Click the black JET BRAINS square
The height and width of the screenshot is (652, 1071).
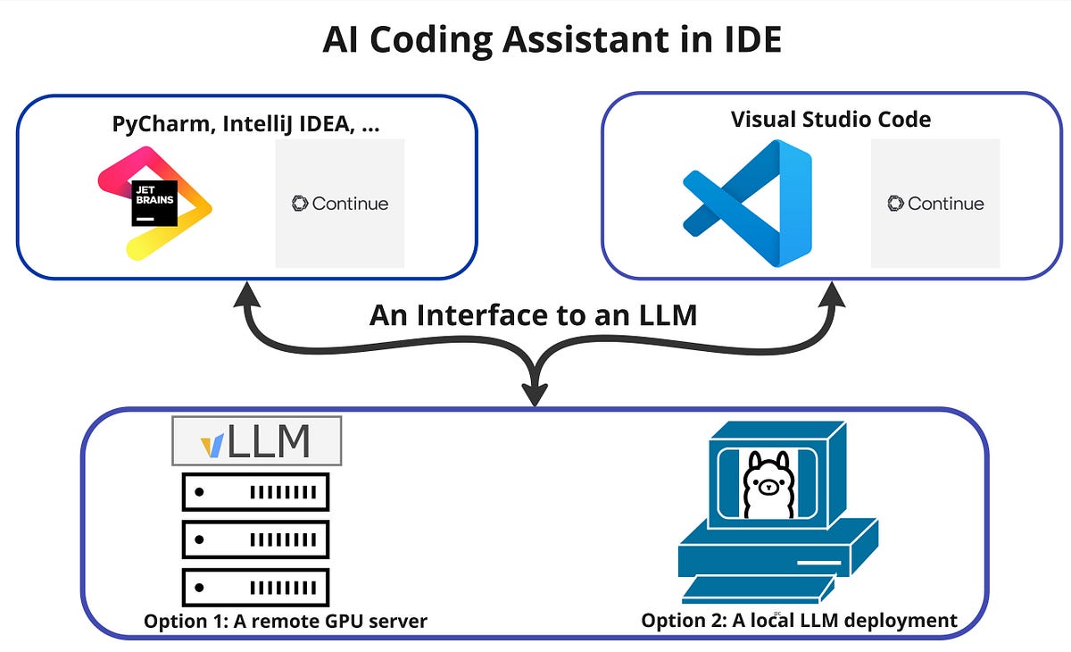click(154, 204)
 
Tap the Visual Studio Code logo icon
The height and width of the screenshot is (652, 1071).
click(747, 204)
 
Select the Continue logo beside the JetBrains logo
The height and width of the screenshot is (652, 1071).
click(340, 204)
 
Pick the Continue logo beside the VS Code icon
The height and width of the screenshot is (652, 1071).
click(935, 204)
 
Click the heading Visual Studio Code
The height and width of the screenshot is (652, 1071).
click(831, 119)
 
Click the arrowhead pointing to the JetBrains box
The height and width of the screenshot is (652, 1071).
click(246, 294)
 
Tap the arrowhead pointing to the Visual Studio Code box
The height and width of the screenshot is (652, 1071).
click(832, 294)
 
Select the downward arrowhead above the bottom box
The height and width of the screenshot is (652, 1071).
click(535, 394)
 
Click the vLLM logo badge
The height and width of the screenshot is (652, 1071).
click(257, 440)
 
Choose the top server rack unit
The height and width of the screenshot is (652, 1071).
click(256, 492)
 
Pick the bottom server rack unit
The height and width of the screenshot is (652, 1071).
click(256, 587)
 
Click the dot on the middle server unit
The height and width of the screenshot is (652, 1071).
click(199, 539)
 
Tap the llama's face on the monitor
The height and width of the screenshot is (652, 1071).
click(768, 487)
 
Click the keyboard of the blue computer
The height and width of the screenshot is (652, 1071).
click(758, 589)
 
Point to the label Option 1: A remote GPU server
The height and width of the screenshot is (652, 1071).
click(286, 621)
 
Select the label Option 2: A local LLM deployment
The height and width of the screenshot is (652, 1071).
click(799, 621)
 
